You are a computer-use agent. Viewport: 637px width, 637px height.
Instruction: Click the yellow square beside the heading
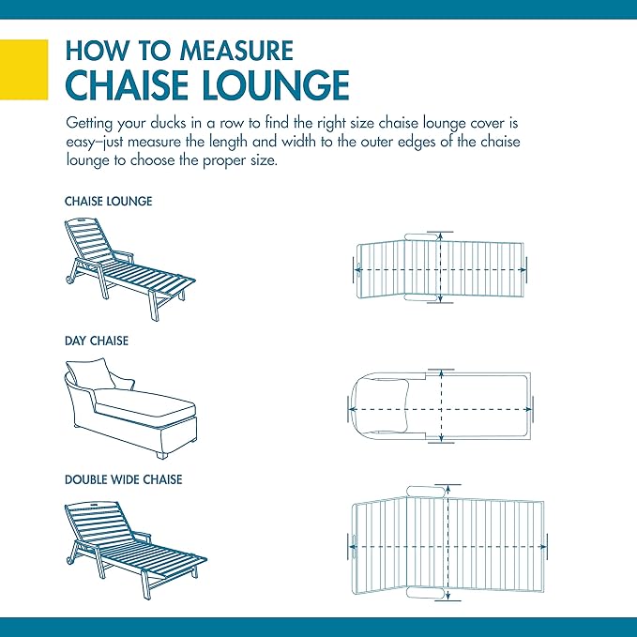(x=24, y=69)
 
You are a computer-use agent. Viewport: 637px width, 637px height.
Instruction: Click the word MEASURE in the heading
(x=236, y=51)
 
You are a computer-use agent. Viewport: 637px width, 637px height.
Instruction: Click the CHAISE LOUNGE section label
(x=109, y=201)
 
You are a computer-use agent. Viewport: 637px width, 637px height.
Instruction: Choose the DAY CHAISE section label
(x=97, y=341)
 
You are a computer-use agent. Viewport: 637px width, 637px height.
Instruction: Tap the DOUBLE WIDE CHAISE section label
(x=124, y=479)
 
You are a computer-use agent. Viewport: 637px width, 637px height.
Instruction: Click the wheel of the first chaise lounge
(x=68, y=279)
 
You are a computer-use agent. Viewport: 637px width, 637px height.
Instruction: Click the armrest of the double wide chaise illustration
(x=143, y=536)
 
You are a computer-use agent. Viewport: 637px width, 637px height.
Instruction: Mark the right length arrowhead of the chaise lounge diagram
(x=523, y=270)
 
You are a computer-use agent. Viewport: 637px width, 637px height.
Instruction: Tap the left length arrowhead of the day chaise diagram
(x=352, y=409)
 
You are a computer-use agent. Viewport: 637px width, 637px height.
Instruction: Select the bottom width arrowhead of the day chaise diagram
(x=441, y=438)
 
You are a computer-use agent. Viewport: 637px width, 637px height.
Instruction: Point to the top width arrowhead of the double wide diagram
(x=447, y=489)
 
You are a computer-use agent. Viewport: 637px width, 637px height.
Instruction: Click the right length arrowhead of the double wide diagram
(x=543, y=547)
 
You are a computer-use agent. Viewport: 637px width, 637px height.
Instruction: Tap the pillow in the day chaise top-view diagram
(x=388, y=405)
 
